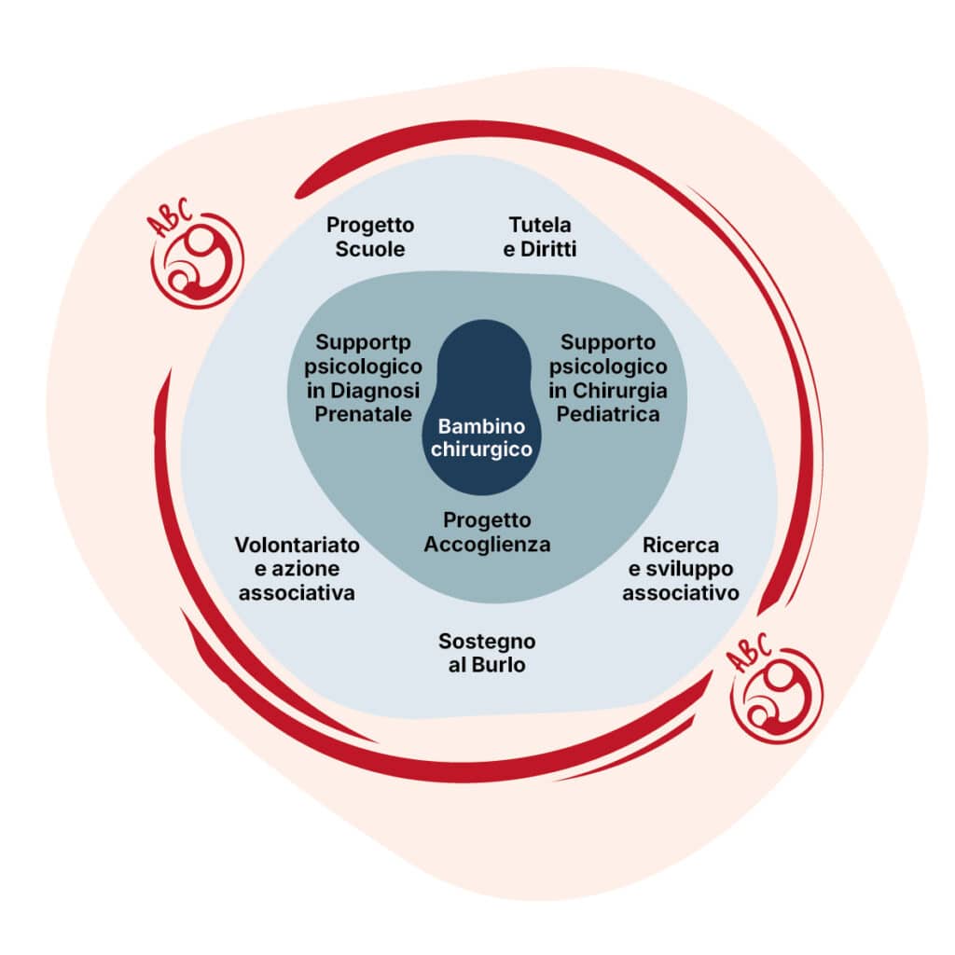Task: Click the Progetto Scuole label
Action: pyautogui.click(x=370, y=238)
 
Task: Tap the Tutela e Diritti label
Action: pyautogui.click(x=540, y=238)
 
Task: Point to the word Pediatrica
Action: pyautogui.click(x=608, y=415)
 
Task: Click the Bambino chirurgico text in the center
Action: pyautogui.click(x=482, y=437)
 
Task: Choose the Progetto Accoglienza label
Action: pyautogui.click(x=487, y=532)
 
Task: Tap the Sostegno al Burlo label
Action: pyautogui.click(x=487, y=653)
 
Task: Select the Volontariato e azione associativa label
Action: pyautogui.click(x=297, y=568)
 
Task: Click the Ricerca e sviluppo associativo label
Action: pyautogui.click(x=681, y=568)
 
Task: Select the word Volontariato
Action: pyautogui.click(x=297, y=544)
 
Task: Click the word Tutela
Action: pyautogui.click(x=540, y=225)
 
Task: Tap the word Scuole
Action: pyautogui.click(x=370, y=250)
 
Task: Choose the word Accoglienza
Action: pyautogui.click(x=487, y=545)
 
